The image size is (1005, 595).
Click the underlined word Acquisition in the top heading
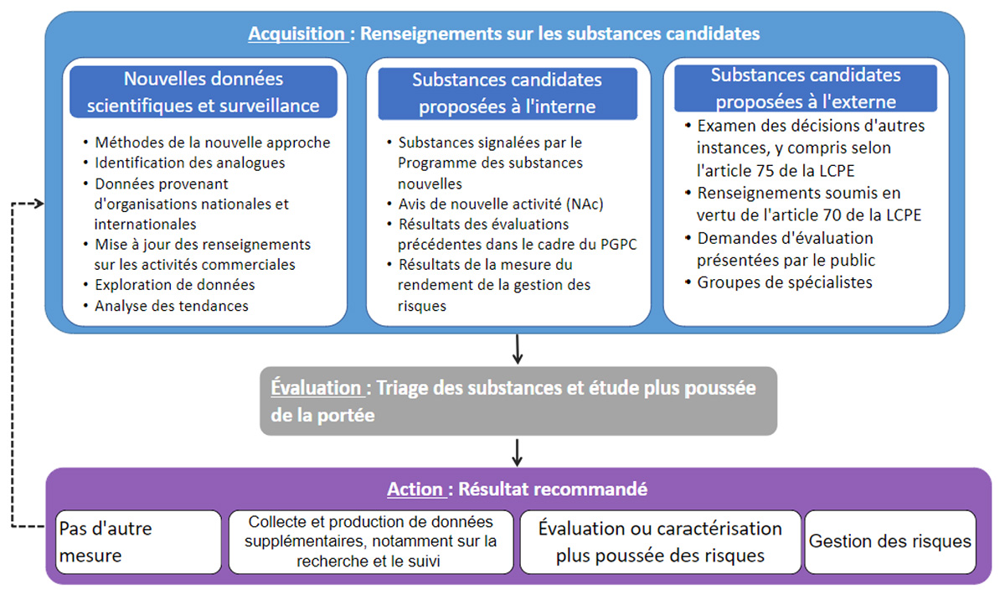(x=297, y=34)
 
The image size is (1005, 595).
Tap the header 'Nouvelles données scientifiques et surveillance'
(x=204, y=92)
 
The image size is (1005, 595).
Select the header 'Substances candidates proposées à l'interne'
(x=507, y=93)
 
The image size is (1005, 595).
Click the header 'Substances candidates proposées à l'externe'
(x=805, y=88)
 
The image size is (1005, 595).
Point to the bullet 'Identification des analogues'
(x=190, y=163)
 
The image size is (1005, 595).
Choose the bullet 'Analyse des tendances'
(x=172, y=306)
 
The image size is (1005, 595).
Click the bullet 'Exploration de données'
(x=175, y=285)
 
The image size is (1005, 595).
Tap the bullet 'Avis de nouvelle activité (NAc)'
(x=500, y=204)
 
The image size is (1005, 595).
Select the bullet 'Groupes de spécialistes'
(x=785, y=282)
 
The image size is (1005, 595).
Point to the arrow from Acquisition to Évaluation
(x=518, y=349)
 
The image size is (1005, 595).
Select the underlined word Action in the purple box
(x=415, y=489)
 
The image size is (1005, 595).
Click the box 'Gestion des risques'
(x=890, y=541)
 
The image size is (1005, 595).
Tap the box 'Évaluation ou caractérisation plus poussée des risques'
(x=660, y=541)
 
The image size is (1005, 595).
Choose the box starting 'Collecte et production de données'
(x=371, y=541)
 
